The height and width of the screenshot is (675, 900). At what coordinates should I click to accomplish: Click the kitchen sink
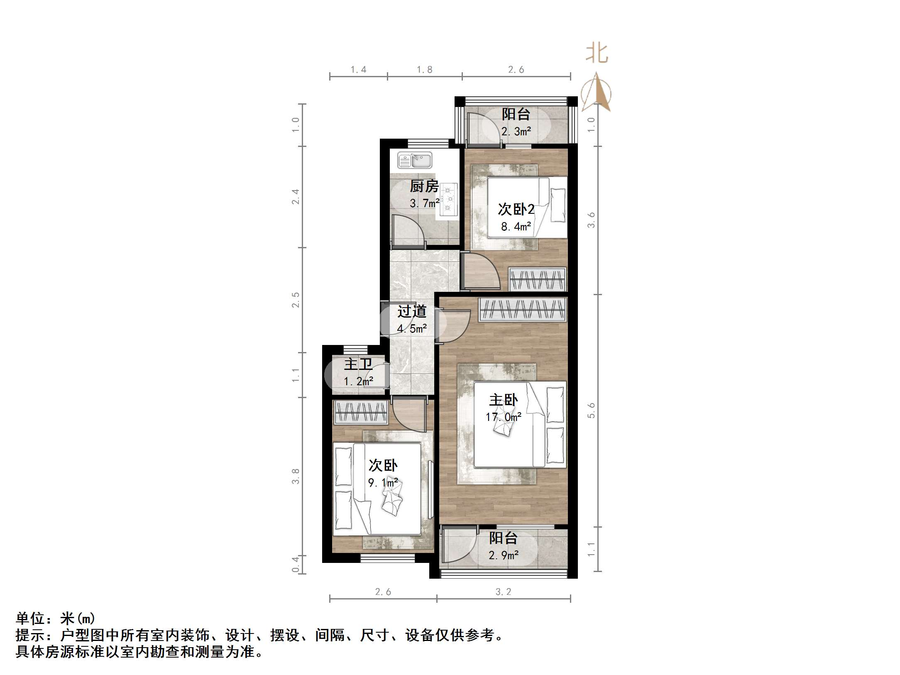point(415,160)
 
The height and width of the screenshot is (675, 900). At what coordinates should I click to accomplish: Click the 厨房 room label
point(424,186)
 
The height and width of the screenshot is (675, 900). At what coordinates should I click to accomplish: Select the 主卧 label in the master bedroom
point(503,400)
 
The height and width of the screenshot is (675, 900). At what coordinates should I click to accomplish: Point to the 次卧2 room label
point(516,209)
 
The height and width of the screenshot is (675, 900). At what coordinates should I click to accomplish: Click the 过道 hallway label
point(411,311)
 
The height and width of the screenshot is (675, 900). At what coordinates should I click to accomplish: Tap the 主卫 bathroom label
point(358,364)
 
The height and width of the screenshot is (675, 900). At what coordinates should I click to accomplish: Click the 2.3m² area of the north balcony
point(516,132)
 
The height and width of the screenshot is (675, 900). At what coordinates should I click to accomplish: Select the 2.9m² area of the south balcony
point(503,555)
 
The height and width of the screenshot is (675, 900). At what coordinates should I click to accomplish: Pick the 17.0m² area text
point(503,417)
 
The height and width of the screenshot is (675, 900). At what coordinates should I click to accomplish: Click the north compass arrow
point(597,92)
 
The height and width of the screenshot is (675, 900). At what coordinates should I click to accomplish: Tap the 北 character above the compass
point(597,54)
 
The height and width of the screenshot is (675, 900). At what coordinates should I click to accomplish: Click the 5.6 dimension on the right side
point(591,410)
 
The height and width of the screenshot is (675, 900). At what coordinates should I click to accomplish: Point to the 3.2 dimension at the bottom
point(503,592)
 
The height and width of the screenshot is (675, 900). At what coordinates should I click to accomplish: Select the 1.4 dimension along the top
point(358,70)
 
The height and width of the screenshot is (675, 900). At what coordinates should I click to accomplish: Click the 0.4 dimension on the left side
point(295,565)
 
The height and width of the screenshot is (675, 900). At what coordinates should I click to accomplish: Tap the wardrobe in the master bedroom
point(523,309)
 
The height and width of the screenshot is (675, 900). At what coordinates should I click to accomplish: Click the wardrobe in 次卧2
point(538,279)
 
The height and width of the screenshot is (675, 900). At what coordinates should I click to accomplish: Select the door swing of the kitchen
point(403,230)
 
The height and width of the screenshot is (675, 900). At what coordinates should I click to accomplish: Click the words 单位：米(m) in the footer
point(56,619)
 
